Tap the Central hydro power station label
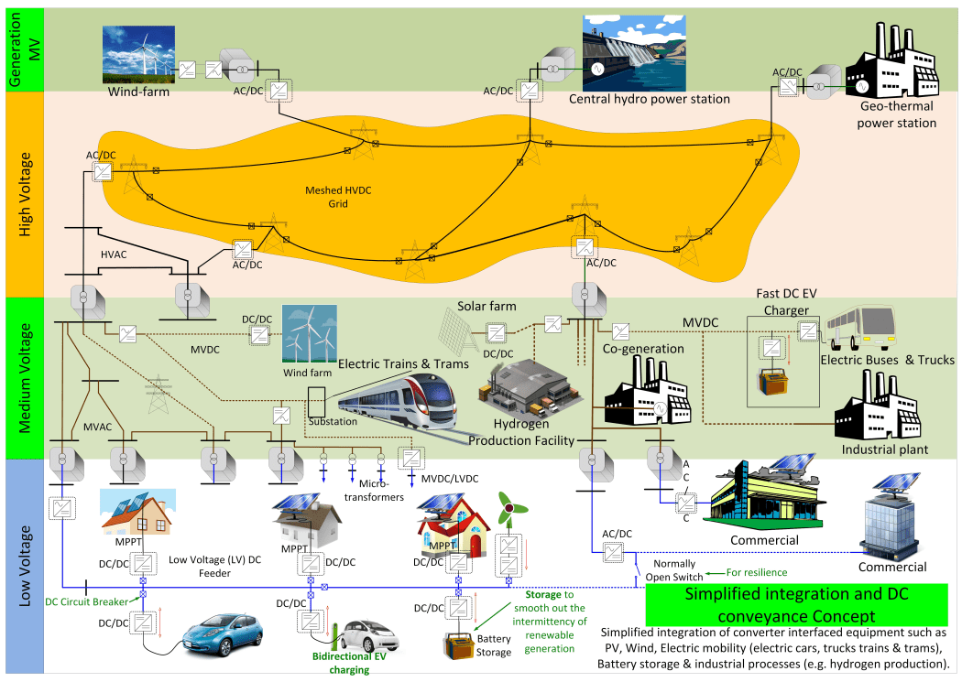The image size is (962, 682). pyautogui.click(x=650, y=99)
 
